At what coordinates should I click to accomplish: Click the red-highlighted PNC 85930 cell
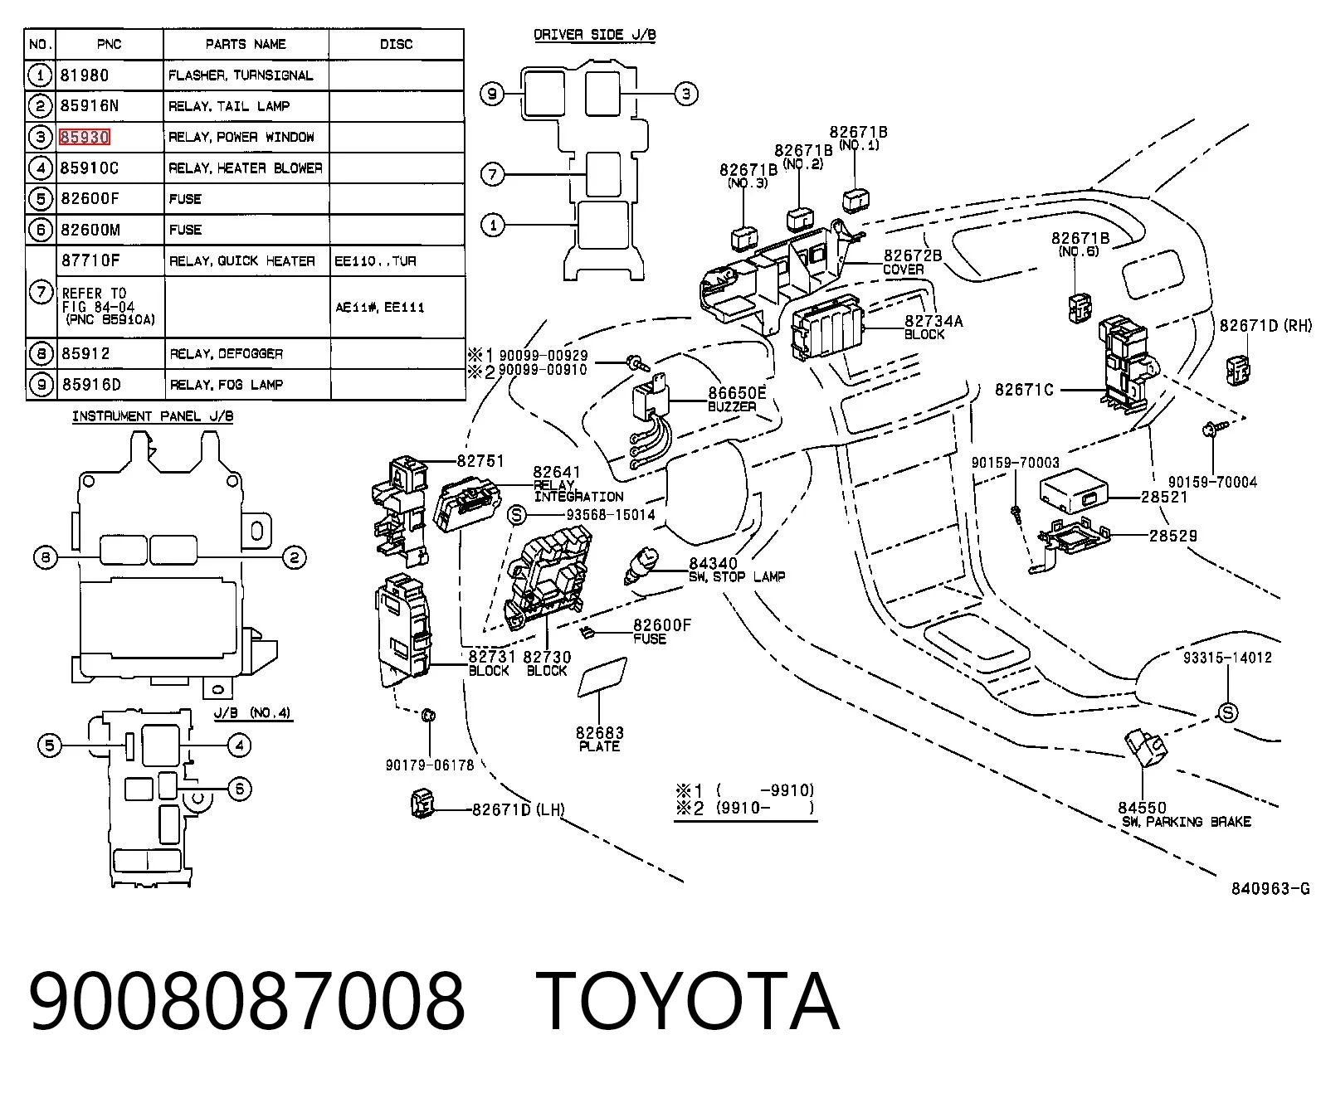click(84, 138)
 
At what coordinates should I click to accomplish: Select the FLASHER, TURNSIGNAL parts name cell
click(241, 75)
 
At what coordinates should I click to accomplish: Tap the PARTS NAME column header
click(246, 44)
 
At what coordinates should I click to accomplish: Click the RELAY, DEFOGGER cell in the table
click(226, 353)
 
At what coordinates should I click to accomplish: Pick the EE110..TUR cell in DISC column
click(375, 260)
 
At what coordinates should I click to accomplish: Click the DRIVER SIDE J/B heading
click(595, 35)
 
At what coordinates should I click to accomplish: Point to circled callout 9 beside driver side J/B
click(492, 95)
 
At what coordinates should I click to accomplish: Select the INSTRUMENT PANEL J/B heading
click(153, 416)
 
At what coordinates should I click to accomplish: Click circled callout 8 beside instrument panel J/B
click(46, 557)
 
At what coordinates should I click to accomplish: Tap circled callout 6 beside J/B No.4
click(239, 789)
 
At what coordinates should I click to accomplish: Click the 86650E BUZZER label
click(736, 399)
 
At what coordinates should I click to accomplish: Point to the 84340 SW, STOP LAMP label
click(736, 570)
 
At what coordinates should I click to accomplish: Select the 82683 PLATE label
click(599, 739)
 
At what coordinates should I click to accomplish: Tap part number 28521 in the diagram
click(1164, 498)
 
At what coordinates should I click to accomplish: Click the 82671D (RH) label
click(1265, 325)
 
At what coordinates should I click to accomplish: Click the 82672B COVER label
click(912, 262)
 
